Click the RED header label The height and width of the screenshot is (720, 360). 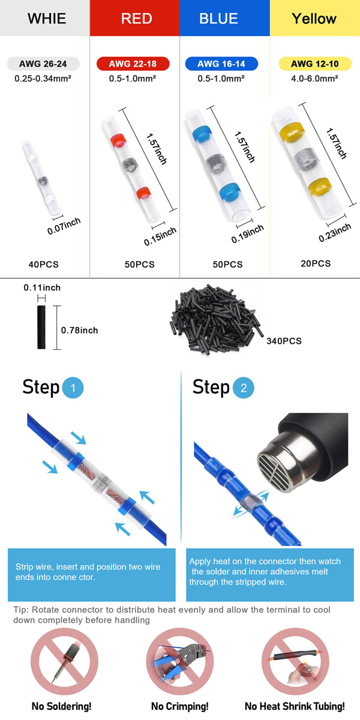pyautogui.click(x=137, y=19)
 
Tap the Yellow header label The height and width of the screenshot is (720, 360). pyautogui.click(x=314, y=19)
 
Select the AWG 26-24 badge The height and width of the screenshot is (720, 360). pyautogui.click(x=43, y=64)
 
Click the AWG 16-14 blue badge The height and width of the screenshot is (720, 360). pyautogui.click(x=221, y=64)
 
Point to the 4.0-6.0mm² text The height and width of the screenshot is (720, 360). pyautogui.click(x=314, y=79)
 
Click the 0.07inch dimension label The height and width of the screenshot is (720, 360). pyautogui.click(x=64, y=226)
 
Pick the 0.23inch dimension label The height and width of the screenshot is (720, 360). pyautogui.click(x=335, y=232)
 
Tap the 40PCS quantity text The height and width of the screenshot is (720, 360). pyautogui.click(x=43, y=265)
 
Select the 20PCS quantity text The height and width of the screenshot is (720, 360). pyautogui.click(x=316, y=263)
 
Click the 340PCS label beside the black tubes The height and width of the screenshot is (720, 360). pyautogui.click(x=284, y=341)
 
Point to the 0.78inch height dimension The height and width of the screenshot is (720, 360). pyautogui.click(x=79, y=330)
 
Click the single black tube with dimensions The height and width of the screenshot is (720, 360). pyautogui.click(x=41, y=327)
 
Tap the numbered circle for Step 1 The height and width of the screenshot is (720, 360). pyautogui.click(x=73, y=388)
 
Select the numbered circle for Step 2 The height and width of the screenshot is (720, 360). pyautogui.click(x=244, y=388)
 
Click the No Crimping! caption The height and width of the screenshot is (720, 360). pyautogui.click(x=179, y=706)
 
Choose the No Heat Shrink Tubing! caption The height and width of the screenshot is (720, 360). pyautogui.click(x=295, y=706)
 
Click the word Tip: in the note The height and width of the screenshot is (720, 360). pyautogui.click(x=21, y=610)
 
